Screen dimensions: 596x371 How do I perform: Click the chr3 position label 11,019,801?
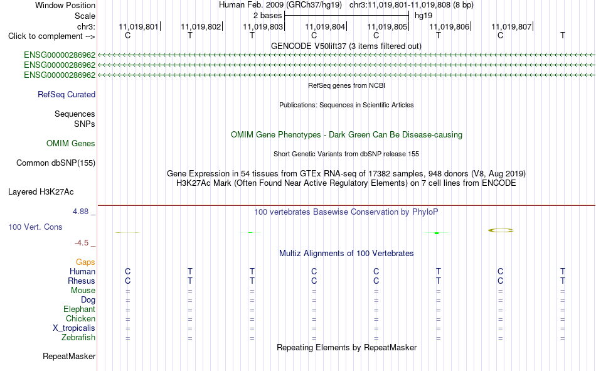point(139,26)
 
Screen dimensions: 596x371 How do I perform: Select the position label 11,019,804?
point(325,26)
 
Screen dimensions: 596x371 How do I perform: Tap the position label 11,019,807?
point(511,26)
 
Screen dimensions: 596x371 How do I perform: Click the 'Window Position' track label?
point(65,5)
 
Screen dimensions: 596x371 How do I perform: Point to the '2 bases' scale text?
point(268,16)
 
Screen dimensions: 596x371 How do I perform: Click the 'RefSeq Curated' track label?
point(67,94)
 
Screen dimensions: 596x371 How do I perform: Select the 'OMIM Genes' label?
point(71,144)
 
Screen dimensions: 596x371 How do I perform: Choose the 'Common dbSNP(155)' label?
point(56,163)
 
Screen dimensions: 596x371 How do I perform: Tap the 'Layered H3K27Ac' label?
point(41,192)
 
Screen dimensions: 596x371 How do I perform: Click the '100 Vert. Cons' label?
point(35,227)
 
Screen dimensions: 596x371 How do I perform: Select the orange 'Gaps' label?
point(85,262)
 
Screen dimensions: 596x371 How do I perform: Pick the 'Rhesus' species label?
point(82,281)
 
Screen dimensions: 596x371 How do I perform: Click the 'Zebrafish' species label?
point(78,338)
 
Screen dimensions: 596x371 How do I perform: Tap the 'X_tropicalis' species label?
point(74,328)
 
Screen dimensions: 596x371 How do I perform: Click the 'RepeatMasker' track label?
point(69,356)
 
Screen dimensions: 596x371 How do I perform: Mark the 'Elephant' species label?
point(79,309)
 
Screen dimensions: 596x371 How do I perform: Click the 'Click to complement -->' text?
point(51,36)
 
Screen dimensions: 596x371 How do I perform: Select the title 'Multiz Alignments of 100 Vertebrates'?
point(346,254)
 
